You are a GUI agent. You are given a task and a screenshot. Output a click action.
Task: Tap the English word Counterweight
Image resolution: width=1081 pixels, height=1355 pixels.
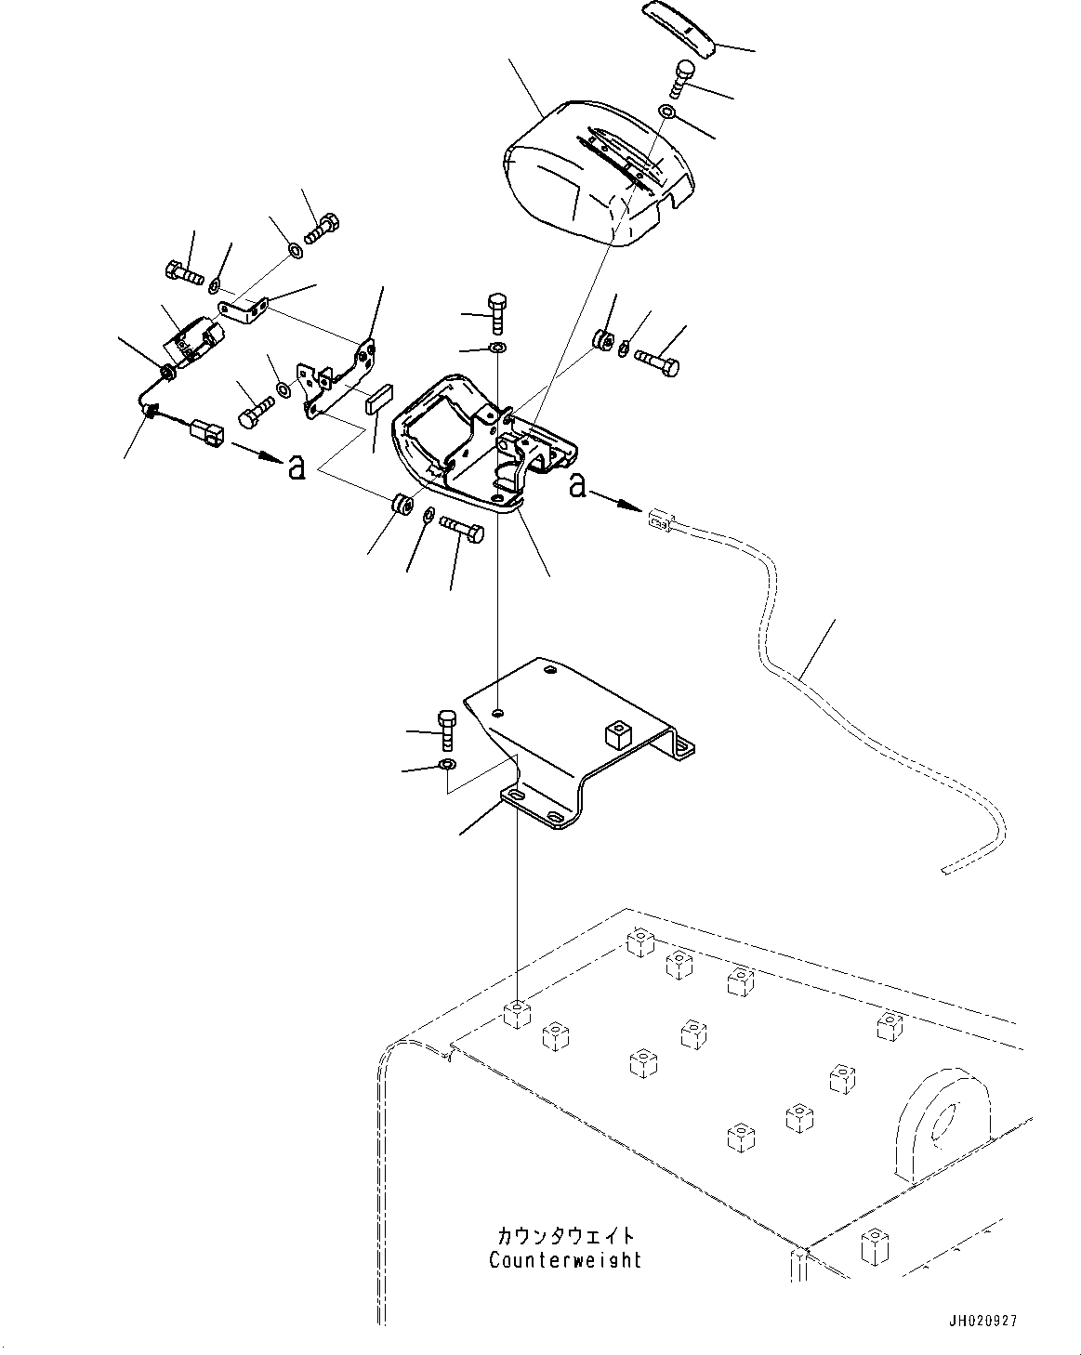565,1260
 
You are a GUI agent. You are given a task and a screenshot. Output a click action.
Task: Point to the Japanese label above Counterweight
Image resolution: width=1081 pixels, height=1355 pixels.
565,1236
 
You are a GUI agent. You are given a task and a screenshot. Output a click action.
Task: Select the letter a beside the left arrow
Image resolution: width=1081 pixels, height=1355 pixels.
296,467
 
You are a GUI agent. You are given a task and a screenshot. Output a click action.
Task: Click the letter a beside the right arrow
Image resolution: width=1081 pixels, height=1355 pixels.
577,484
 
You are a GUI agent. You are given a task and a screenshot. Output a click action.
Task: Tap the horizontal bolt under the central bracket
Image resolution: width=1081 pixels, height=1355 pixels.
461,531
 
